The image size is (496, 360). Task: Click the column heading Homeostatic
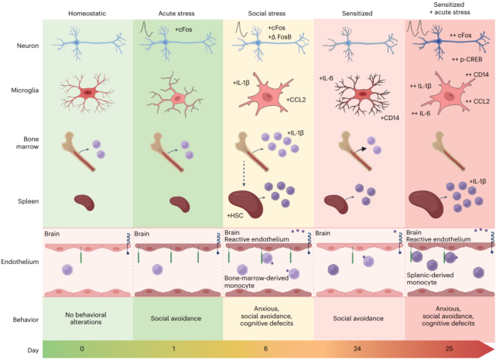[87, 14]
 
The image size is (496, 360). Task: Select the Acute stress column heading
[178, 14]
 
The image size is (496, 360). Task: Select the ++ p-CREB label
[466, 58]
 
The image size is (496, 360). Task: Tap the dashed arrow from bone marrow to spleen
[245, 170]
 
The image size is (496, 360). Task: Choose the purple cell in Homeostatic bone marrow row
[97, 144]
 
